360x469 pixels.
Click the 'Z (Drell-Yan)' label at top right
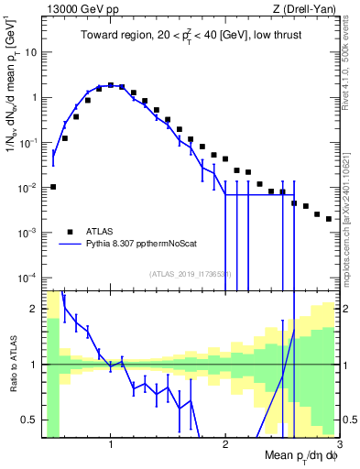point(307,8)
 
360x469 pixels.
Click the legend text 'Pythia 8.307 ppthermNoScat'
point(140,245)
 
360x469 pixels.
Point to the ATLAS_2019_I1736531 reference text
point(191,274)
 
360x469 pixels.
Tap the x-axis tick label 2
point(225,446)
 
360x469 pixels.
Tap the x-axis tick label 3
point(339,446)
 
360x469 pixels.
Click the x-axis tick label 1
point(111,446)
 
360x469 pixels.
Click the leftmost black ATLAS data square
point(53,187)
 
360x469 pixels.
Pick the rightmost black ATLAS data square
point(328,219)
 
